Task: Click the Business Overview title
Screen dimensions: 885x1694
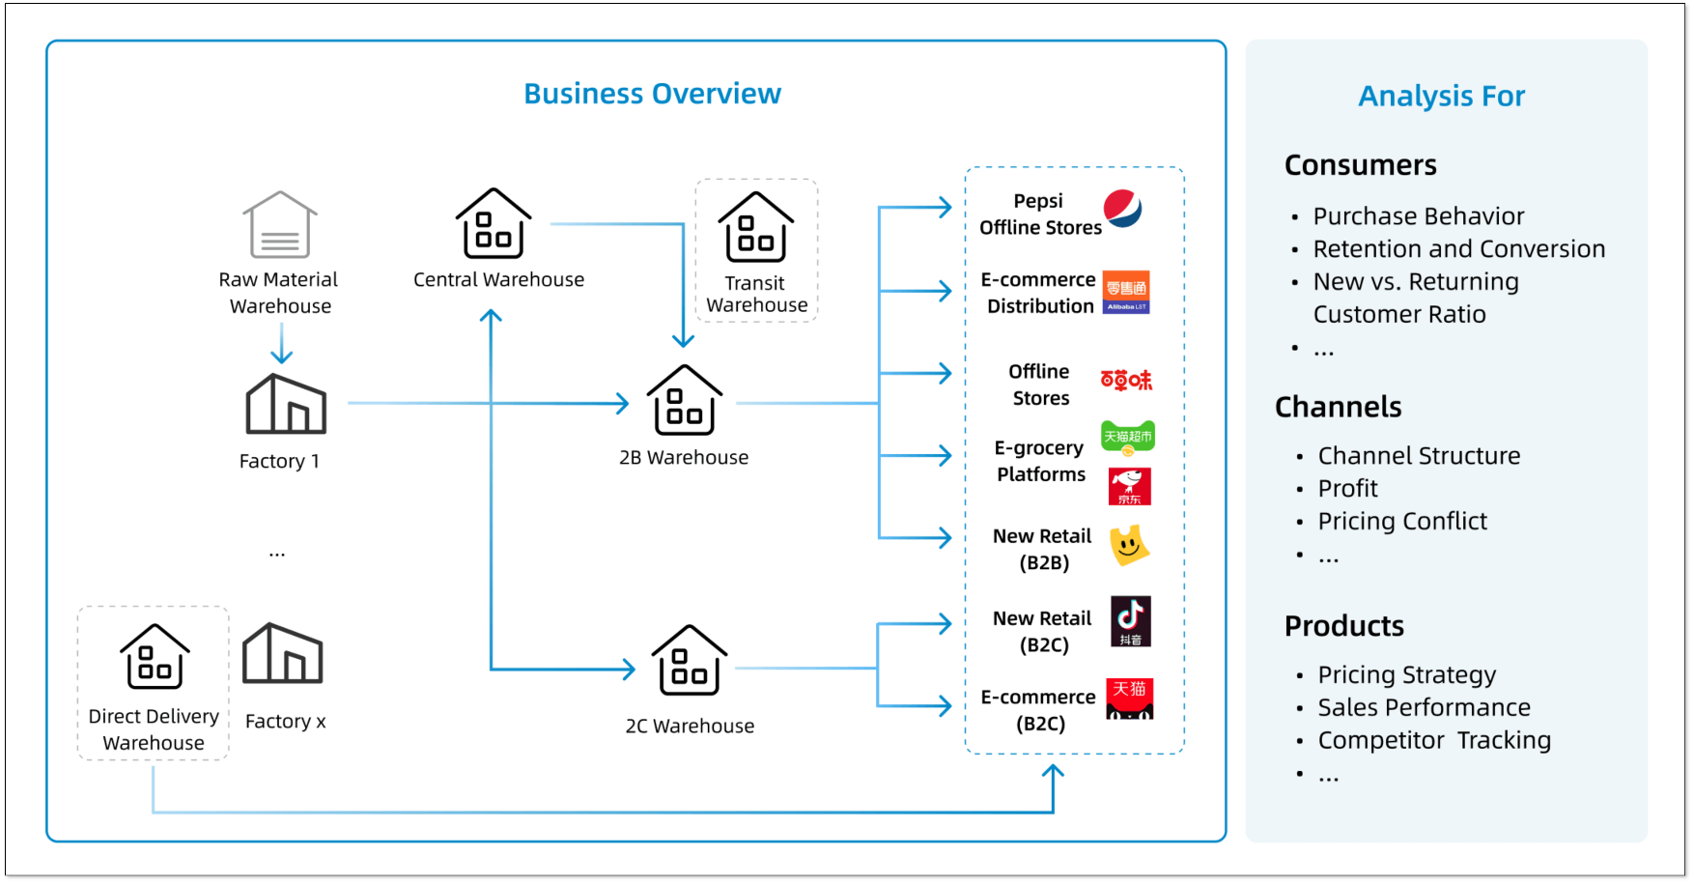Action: [x=652, y=94]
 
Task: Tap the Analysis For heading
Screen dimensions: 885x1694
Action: [x=1441, y=96]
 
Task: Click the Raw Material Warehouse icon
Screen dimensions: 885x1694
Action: [x=280, y=224]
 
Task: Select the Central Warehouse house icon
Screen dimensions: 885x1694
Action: [x=494, y=223]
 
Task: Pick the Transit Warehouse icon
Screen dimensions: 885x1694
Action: [x=756, y=227]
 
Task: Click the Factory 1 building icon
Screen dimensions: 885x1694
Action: [x=286, y=404]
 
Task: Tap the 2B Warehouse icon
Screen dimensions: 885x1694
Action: [x=685, y=400]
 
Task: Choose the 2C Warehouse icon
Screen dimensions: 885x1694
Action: [x=690, y=660]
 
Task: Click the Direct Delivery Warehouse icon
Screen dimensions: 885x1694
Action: [x=155, y=656]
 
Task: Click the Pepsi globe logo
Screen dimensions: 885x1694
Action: [x=1123, y=209]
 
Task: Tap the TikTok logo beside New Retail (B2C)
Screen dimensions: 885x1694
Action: [x=1131, y=621]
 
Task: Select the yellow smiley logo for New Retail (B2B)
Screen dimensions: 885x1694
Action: [x=1129, y=546]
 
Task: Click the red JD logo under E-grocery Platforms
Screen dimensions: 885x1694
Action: [x=1130, y=486]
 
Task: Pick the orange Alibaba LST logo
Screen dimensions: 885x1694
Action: [x=1126, y=292]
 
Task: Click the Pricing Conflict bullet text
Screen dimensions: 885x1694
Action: [x=1402, y=522]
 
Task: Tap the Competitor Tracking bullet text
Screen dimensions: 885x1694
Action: [x=1434, y=741]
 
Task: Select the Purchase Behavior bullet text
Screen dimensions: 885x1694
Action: [x=1418, y=216]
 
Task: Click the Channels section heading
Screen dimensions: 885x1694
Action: [x=1338, y=407]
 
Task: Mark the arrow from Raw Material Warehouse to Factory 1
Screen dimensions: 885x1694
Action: [x=281, y=343]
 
